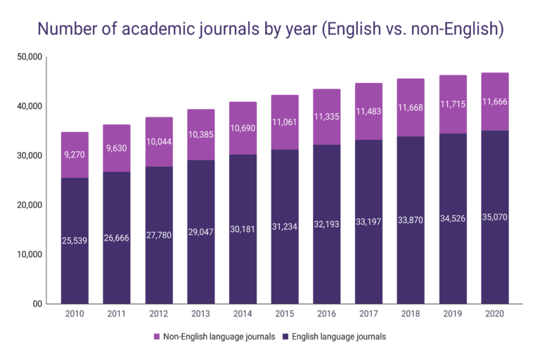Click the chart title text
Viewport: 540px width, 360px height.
[269, 29]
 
